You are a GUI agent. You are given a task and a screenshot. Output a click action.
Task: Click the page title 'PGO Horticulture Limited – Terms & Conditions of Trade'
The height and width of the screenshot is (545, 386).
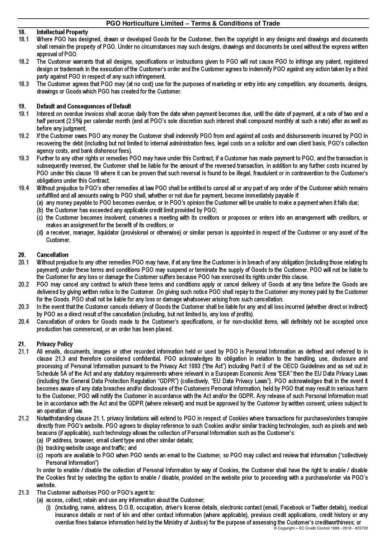[193, 23]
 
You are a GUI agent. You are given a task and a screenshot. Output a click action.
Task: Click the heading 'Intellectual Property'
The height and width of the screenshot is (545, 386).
[62, 32]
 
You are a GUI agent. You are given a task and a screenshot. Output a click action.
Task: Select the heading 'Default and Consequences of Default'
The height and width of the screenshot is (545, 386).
[84, 106]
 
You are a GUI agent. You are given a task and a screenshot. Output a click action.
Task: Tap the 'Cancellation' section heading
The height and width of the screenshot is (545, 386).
[52, 255]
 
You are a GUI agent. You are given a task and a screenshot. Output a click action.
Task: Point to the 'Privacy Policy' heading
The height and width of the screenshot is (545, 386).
[54, 344]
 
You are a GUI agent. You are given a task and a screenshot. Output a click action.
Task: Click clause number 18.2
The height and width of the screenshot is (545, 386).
[23, 62]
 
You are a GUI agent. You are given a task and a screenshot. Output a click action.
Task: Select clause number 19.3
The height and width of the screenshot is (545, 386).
[23, 158]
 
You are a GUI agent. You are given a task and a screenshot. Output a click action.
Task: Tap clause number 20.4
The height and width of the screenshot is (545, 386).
[23, 322]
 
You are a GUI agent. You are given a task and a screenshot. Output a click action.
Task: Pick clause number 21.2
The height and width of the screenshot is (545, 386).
[23, 418]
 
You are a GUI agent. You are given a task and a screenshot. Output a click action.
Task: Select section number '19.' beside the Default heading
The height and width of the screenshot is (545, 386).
[21, 106]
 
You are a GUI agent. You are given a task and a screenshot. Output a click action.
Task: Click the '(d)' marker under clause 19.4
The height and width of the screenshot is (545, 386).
[40, 232]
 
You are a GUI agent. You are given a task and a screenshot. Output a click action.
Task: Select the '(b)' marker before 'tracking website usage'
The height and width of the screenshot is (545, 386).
[40, 448]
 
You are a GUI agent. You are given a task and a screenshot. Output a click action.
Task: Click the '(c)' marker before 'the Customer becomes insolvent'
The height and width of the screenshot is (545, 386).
[40, 218]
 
